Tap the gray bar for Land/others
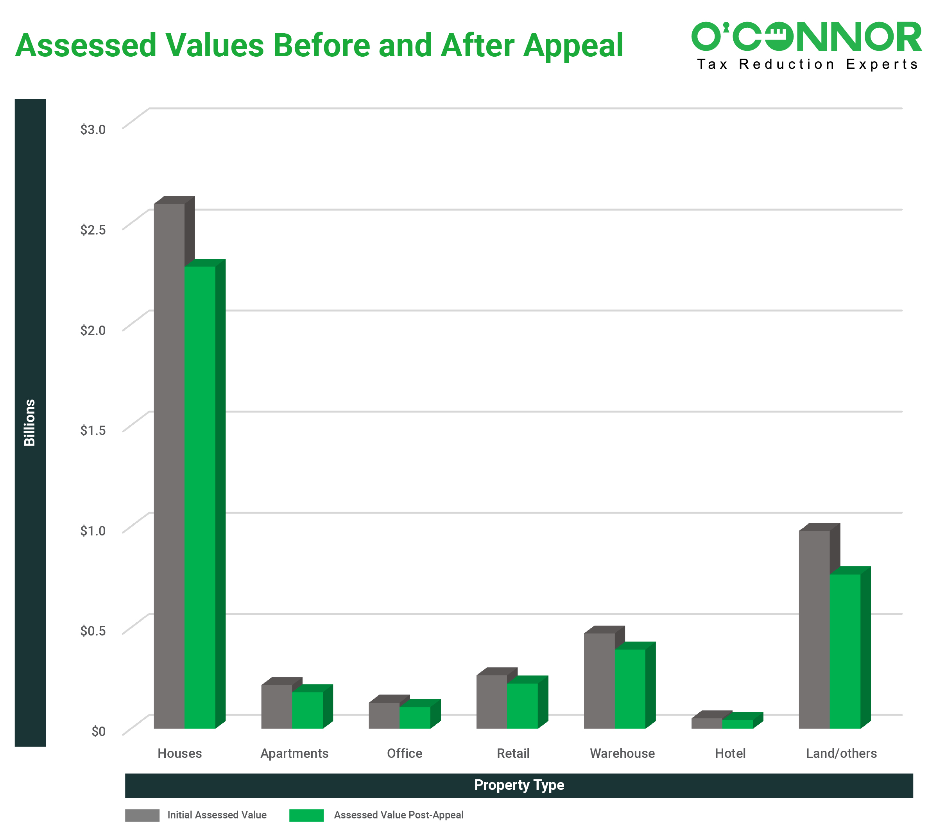tap(814, 629)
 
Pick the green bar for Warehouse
tap(630, 689)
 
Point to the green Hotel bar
tap(738, 724)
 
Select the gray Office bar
tap(384, 715)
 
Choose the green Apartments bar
tap(307, 710)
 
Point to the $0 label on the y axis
tap(98, 731)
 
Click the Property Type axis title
tap(519, 785)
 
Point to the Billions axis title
tap(30, 422)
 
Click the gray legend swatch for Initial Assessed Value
tap(142, 815)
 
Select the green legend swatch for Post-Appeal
tap(306, 815)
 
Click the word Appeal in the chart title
tap(573, 46)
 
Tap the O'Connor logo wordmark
tap(806, 37)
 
